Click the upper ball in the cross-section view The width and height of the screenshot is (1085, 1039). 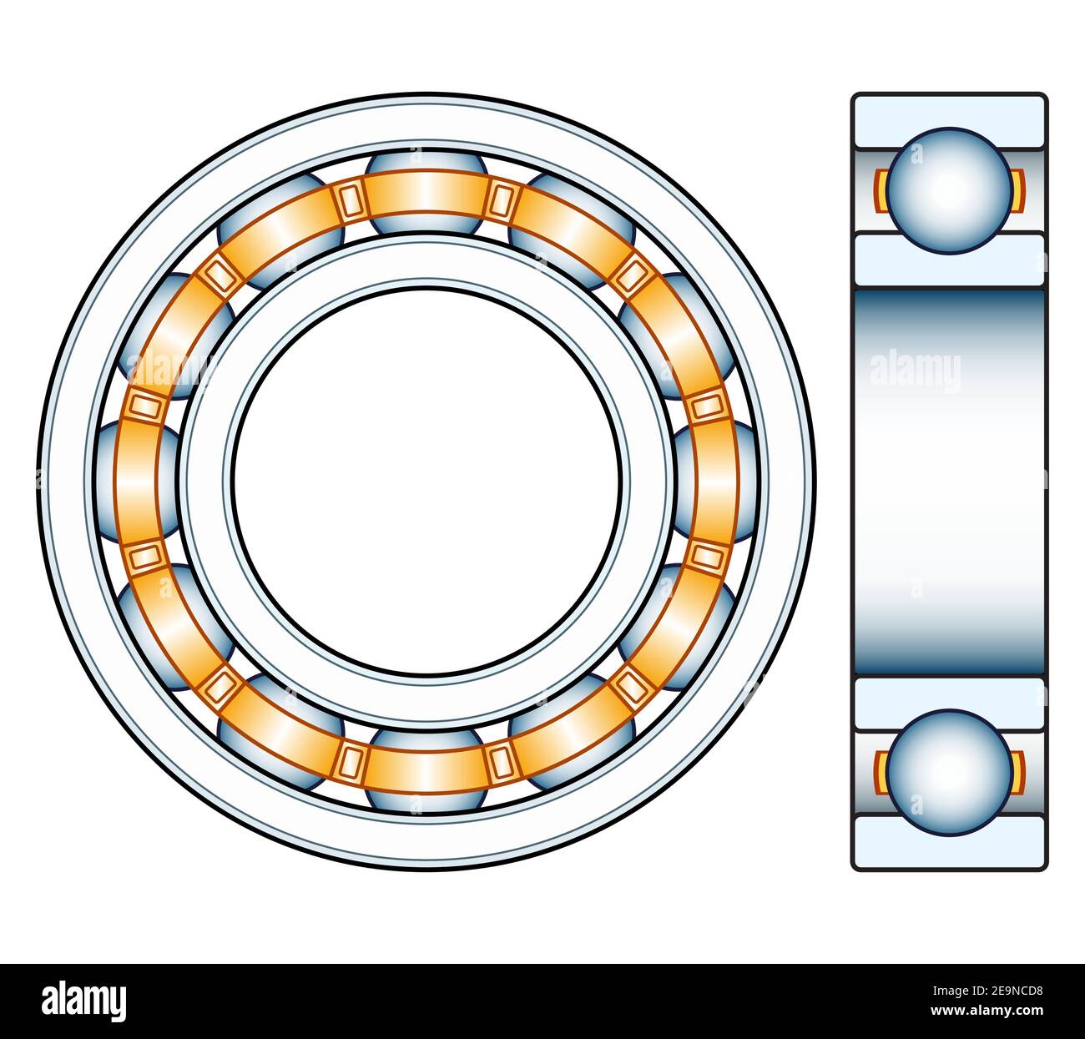[x=949, y=190]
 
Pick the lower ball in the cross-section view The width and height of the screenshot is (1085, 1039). [x=949, y=772]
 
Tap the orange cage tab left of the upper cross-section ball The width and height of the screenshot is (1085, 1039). [x=880, y=190]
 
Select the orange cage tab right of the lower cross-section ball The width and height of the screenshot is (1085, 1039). [x=1018, y=772]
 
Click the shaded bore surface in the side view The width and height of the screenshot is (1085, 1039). [x=949, y=482]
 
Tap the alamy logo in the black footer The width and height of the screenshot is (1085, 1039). [x=83, y=1001]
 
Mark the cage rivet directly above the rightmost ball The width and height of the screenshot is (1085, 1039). [x=706, y=406]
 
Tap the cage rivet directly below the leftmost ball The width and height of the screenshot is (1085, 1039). [x=145, y=554]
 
